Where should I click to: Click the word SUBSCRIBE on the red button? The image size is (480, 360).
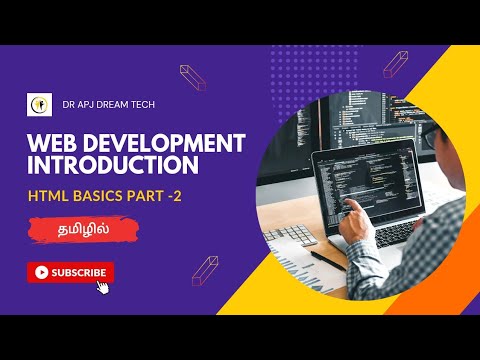click(x=79, y=271)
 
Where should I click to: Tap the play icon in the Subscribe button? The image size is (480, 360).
click(x=41, y=271)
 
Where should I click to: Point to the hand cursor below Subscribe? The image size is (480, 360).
click(x=102, y=287)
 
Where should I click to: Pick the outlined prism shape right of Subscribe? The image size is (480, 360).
click(x=204, y=270)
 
